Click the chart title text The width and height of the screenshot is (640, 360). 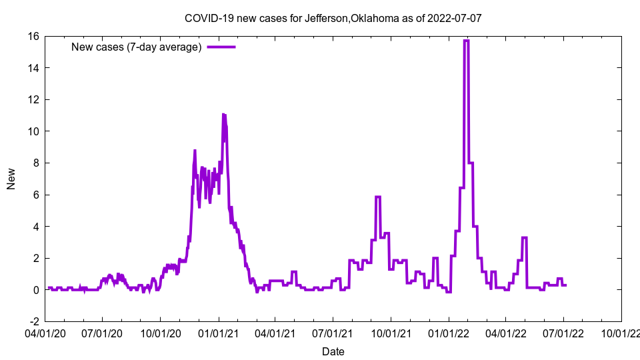pos(333,18)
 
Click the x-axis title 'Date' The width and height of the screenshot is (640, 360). pos(333,351)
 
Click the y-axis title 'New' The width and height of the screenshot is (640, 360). pos(11,179)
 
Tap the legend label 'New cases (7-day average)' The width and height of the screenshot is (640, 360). pos(136,47)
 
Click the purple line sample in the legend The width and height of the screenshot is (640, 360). pos(221,47)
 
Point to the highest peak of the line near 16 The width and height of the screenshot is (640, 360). pos(466,41)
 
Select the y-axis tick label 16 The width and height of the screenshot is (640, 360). pos(33,36)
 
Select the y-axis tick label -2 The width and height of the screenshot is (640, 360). pos(33,321)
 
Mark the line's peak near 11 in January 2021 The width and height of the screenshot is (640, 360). pos(224,115)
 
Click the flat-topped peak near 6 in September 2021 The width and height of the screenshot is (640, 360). pos(378,197)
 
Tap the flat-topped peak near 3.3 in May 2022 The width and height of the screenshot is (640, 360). pos(525,237)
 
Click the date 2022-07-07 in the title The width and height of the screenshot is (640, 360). pos(456,18)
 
